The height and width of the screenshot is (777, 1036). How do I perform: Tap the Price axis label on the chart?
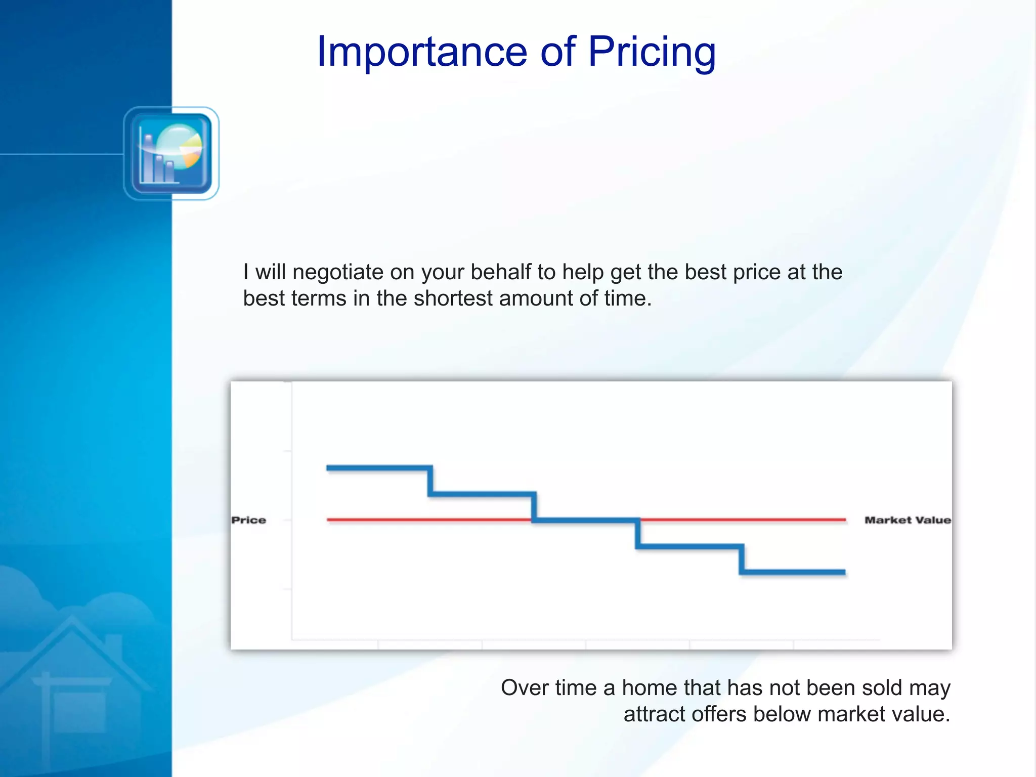click(x=248, y=520)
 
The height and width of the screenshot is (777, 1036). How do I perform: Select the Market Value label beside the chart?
click(x=908, y=520)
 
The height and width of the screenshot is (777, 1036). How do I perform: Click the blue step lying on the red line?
click(x=586, y=520)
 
